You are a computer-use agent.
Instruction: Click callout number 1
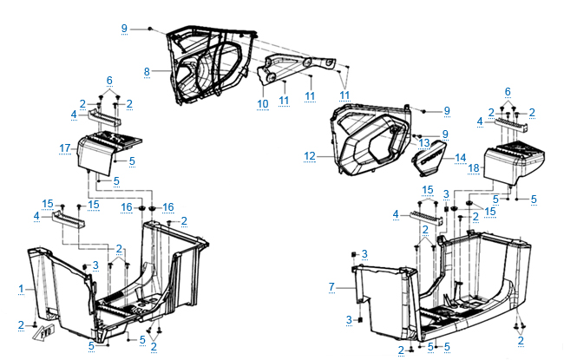point(20,286)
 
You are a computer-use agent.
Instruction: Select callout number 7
point(331,286)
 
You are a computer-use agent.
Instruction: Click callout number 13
point(424,142)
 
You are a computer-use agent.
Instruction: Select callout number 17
point(64,148)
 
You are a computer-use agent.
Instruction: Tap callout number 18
point(473,168)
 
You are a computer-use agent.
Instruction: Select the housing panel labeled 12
point(369,143)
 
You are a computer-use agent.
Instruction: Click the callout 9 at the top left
point(124,29)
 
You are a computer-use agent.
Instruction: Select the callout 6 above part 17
point(109,80)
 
